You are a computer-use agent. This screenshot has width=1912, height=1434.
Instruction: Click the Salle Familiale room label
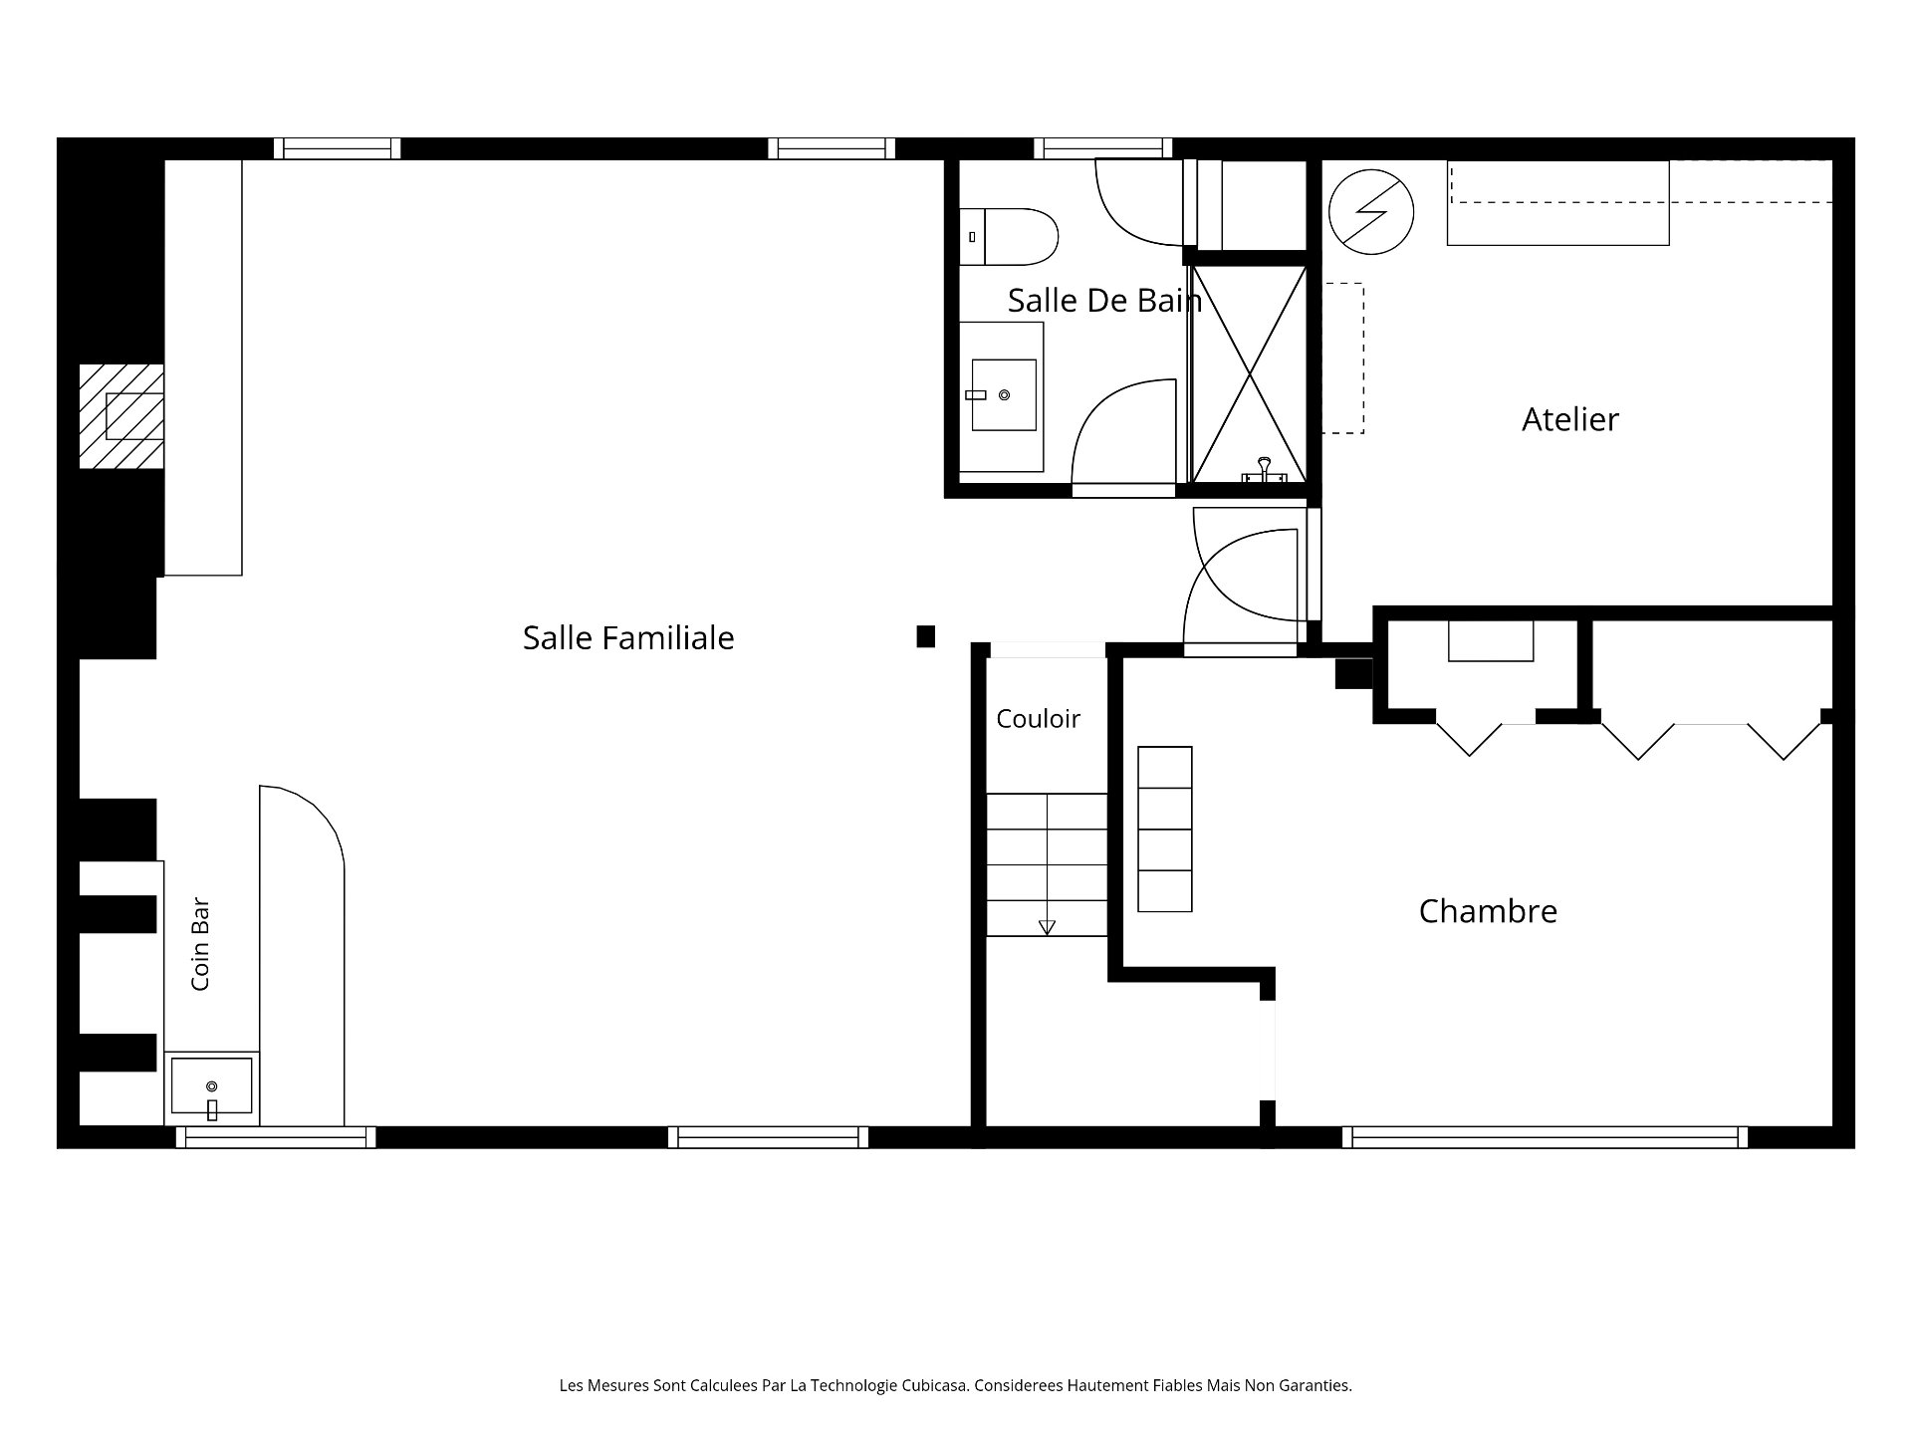(628, 637)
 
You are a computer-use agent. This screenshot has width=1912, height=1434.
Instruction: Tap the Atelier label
(1570, 419)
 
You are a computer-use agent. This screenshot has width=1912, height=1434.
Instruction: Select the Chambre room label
(1488, 911)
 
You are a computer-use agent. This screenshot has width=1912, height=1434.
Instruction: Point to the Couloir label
(1038, 719)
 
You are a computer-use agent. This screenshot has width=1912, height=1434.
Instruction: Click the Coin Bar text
(200, 945)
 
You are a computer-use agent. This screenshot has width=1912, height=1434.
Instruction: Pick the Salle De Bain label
(1104, 300)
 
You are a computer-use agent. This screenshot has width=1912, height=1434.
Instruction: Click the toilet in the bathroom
(1009, 237)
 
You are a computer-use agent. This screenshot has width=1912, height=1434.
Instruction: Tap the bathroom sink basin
(1004, 395)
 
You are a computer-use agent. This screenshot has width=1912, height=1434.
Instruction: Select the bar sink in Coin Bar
(211, 1086)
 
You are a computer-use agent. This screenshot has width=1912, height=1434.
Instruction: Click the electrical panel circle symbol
(1371, 212)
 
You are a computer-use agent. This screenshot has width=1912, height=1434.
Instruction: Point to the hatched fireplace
(121, 416)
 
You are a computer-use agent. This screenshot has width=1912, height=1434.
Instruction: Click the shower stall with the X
(1249, 374)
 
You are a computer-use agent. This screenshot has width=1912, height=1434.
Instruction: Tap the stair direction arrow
(1047, 927)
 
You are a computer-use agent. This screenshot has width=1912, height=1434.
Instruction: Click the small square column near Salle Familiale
(926, 636)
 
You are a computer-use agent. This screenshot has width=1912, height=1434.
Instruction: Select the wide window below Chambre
(1545, 1137)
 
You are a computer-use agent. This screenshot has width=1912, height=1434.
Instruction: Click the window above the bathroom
(1102, 148)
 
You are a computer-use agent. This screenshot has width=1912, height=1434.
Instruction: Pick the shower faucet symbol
(1264, 470)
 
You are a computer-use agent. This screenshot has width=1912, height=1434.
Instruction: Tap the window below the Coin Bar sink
(276, 1137)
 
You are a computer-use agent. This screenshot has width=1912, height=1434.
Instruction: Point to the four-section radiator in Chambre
(1165, 830)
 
